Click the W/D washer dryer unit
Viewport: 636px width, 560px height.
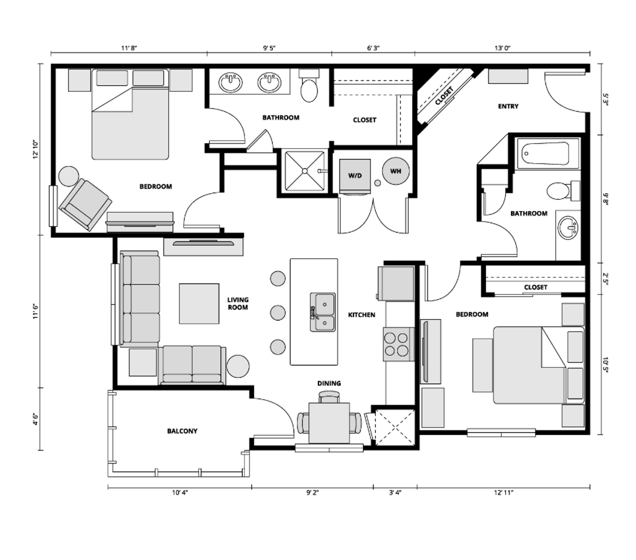tap(355, 176)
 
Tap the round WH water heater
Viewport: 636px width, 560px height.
tap(396, 171)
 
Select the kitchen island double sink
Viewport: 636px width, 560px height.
tap(323, 312)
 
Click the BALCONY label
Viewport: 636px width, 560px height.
tap(182, 431)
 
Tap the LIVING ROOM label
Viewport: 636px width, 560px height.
tap(238, 303)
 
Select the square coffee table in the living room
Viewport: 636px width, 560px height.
tap(199, 303)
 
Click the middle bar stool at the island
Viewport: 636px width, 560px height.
tap(278, 312)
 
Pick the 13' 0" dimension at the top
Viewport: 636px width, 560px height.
tap(503, 48)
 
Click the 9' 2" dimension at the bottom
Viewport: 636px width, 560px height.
tap(312, 492)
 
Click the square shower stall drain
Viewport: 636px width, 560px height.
tap(304, 171)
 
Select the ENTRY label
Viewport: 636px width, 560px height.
tap(508, 106)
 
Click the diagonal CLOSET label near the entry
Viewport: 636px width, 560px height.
tap(444, 96)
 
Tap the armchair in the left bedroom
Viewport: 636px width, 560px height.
tap(85, 204)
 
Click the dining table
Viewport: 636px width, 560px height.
tap(329, 423)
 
